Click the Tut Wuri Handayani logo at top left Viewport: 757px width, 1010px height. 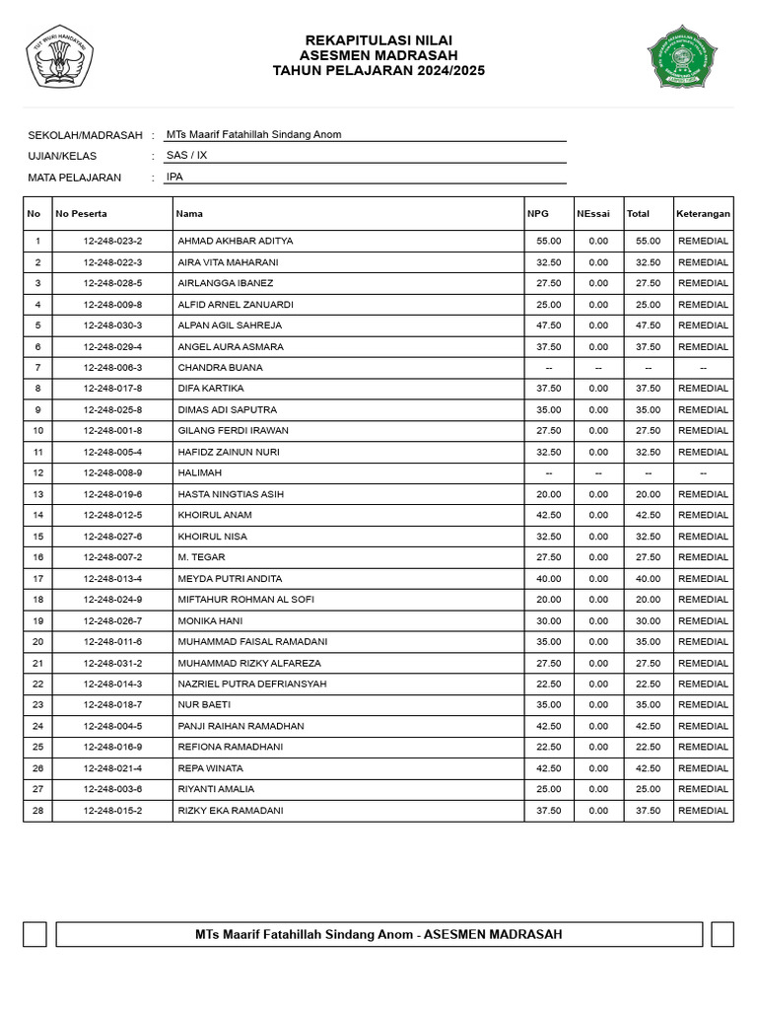click(x=59, y=56)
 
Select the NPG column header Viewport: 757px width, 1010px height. click(x=537, y=213)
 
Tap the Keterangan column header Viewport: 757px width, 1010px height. click(x=703, y=213)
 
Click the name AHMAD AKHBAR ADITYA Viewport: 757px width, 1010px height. click(x=235, y=241)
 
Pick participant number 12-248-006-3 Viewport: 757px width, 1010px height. click(x=112, y=368)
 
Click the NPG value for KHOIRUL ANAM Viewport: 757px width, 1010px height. click(x=549, y=515)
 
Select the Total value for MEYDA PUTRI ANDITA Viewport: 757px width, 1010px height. click(x=648, y=579)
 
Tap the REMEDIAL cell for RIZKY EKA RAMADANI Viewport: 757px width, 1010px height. click(x=703, y=811)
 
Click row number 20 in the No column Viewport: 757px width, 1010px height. click(x=37, y=642)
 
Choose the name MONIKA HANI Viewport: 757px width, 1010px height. click(x=210, y=621)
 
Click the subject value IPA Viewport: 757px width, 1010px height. click(x=174, y=178)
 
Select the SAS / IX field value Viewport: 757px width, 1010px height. click(x=186, y=156)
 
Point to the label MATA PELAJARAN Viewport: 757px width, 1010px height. click(x=75, y=178)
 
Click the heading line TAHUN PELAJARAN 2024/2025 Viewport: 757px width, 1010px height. click(x=378, y=71)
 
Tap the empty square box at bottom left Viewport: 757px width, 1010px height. click(x=34, y=934)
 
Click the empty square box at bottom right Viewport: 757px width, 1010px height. click(x=723, y=934)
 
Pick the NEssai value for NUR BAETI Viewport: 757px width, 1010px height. click(x=598, y=705)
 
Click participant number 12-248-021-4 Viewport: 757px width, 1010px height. click(x=112, y=768)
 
